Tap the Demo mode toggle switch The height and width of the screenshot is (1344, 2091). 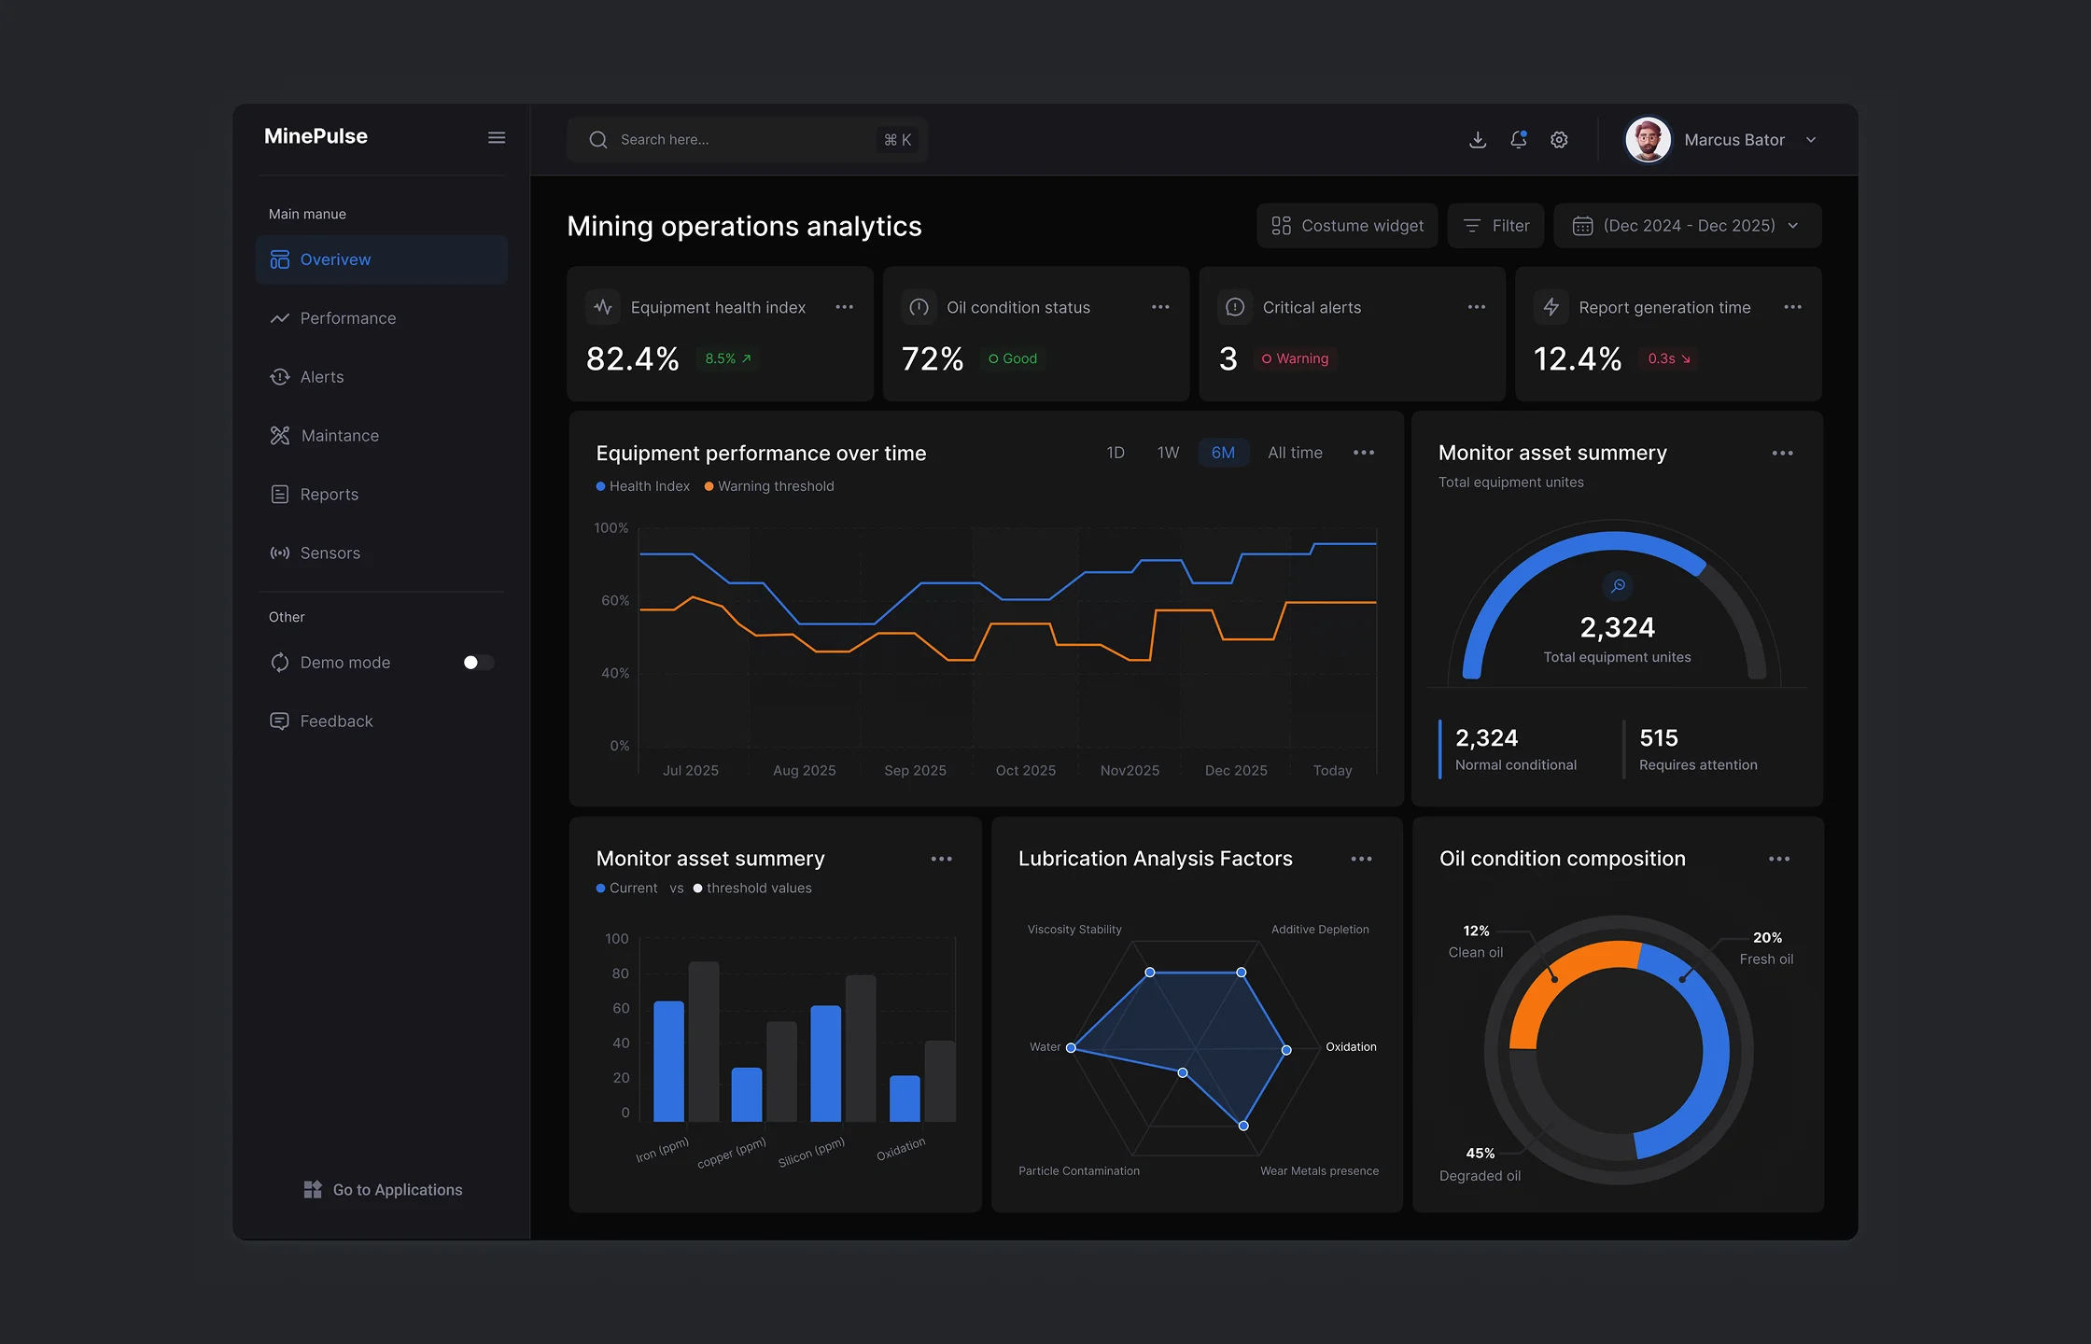pyautogui.click(x=478, y=663)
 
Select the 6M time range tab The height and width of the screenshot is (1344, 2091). pyautogui.click(x=1223, y=453)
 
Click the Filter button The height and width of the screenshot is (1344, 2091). pyautogui.click(x=1495, y=226)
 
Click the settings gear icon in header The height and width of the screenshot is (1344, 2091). pyautogui.click(x=1559, y=140)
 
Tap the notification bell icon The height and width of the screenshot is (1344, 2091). pyautogui.click(x=1519, y=140)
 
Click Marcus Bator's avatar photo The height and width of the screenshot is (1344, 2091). pyautogui.click(x=1649, y=140)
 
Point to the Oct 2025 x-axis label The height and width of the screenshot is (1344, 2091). pyautogui.click(x=1026, y=770)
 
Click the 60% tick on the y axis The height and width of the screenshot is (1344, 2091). pyautogui.click(x=615, y=600)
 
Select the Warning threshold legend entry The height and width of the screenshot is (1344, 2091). pyautogui.click(x=769, y=486)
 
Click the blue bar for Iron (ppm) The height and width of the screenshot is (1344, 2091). pyautogui.click(x=668, y=1061)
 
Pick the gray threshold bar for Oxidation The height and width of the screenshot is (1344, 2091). pyautogui.click(x=940, y=1081)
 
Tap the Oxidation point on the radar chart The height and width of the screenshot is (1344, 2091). pyautogui.click(x=1286, y=1050)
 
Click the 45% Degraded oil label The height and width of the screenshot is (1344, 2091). pyautogui.click(x=1481, y=1165)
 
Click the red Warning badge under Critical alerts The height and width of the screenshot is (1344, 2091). pyautogui.click(x=1296, y=358)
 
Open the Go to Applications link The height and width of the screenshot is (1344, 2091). pyautogui.click(x=383, y=1190)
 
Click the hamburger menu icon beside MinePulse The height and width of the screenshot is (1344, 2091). pyautogui.click(x=497, y=138)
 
